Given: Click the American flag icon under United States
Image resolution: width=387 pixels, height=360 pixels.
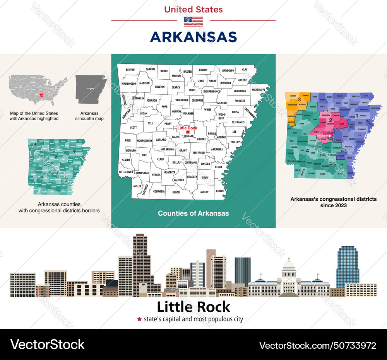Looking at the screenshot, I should point(193,22).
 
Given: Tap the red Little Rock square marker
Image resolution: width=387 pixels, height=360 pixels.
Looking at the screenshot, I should point(188,132).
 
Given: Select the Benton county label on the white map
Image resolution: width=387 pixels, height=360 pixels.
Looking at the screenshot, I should point(130,70).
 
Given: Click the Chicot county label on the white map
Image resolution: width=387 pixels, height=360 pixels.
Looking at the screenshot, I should point(220,191).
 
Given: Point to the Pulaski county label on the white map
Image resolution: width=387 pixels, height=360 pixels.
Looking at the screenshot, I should point(189,136).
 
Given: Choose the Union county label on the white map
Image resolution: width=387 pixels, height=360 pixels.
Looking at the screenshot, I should point(176,192).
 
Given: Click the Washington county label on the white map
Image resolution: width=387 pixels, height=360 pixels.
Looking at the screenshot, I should point(129,84).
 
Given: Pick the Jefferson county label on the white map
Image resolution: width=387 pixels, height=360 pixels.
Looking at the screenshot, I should point(199,153).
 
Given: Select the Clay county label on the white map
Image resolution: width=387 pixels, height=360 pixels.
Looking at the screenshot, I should point(245,70).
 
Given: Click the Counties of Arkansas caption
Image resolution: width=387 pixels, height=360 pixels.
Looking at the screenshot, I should point(193,213).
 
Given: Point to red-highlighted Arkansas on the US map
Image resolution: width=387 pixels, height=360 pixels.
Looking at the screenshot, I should point(42,94).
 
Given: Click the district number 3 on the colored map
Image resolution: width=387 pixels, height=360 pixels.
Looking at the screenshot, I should point(299,100).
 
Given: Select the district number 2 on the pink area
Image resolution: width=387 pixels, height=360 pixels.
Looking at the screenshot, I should point(330,120).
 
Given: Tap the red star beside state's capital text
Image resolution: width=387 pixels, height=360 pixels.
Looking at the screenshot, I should point(139,319).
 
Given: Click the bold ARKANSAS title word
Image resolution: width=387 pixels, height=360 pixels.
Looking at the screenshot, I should point(193,37).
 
